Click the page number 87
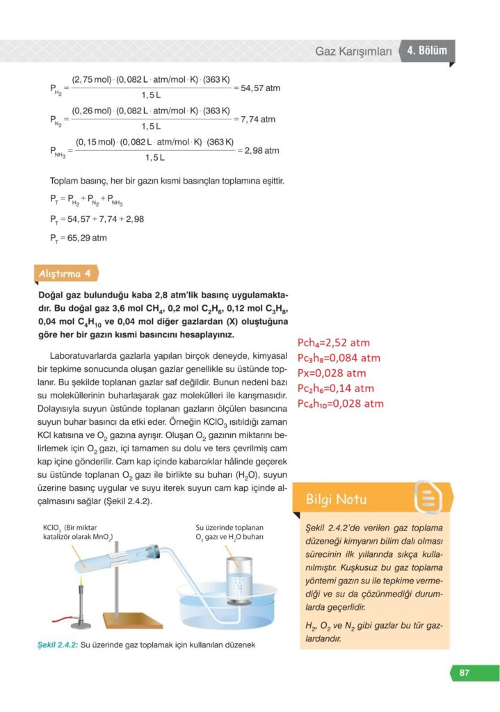[x=464, y=672]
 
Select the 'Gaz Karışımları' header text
[x=353, y=51]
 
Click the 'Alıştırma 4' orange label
[x=64, y=273]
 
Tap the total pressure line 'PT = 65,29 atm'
[x=78, y=238]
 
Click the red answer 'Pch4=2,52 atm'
[x=333, y=343]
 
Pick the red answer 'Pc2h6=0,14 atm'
[x=335, y=388]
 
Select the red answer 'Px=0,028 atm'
[x=331, y=373]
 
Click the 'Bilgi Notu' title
[x=336, y=499]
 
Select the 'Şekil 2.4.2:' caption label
[x=58, y=645]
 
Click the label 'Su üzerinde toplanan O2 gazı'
[x=229, y=531]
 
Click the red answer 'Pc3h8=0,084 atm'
[x=339, y=358]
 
